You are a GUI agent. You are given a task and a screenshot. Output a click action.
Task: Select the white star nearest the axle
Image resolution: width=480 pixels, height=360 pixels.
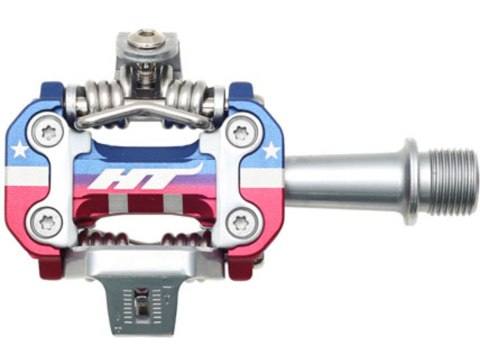coord(270,152)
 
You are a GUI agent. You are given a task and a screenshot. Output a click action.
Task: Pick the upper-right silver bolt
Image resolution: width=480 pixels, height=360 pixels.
coord(238,132)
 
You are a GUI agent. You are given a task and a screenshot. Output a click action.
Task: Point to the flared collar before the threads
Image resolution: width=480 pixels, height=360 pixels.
coord(408,186)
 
